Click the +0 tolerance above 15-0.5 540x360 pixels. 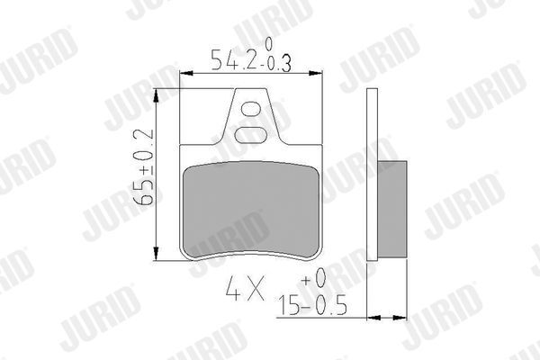click(x=315, y=283)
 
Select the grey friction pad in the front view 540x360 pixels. click(x=252, y=207)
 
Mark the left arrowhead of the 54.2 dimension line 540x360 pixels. click(x=185, y=74)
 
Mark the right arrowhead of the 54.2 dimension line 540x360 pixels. click(x=320, y=74)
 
